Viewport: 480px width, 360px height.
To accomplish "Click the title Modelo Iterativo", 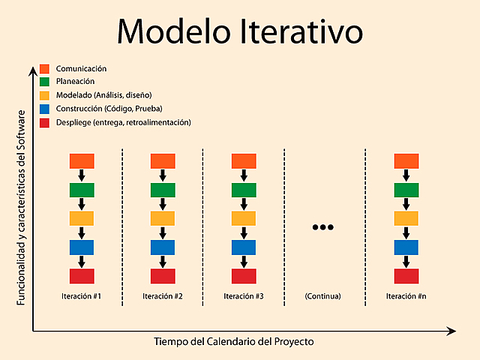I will click(x=240, y=31).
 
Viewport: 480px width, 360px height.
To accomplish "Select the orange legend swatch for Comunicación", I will click(x=45, y=69).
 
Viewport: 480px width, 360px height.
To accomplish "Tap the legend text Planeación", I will click(x=75, y=82).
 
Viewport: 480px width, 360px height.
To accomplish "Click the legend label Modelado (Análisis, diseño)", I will click(x=103, y=95).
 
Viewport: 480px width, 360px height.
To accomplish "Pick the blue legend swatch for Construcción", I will click(x=45, y=109).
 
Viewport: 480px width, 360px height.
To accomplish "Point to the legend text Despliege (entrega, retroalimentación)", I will click(x=123, y=122).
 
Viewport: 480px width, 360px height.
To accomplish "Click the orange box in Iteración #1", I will click(x=82, y=160).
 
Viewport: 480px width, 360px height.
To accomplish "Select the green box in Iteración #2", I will click(x=163, y=190).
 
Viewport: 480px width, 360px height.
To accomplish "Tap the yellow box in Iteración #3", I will click(x=244, y=218).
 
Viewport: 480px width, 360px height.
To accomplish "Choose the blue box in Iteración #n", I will click(x=406, y=247).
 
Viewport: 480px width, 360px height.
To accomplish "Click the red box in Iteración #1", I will click(x=82, y=276).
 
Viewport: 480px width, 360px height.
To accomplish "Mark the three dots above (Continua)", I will click(x=322, y=227).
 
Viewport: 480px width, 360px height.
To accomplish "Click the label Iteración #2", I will click(x=163, y=296).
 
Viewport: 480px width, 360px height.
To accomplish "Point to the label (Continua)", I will click(x=322, y=296).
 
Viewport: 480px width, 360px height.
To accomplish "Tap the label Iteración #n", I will click(x=406, y=296).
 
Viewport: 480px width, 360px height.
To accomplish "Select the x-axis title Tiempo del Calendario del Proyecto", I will click(x=234, y=341).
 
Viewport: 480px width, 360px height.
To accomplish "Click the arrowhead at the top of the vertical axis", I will click(x=32, y=70).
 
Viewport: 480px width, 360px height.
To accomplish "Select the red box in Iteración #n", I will click(x=406, y=276).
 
